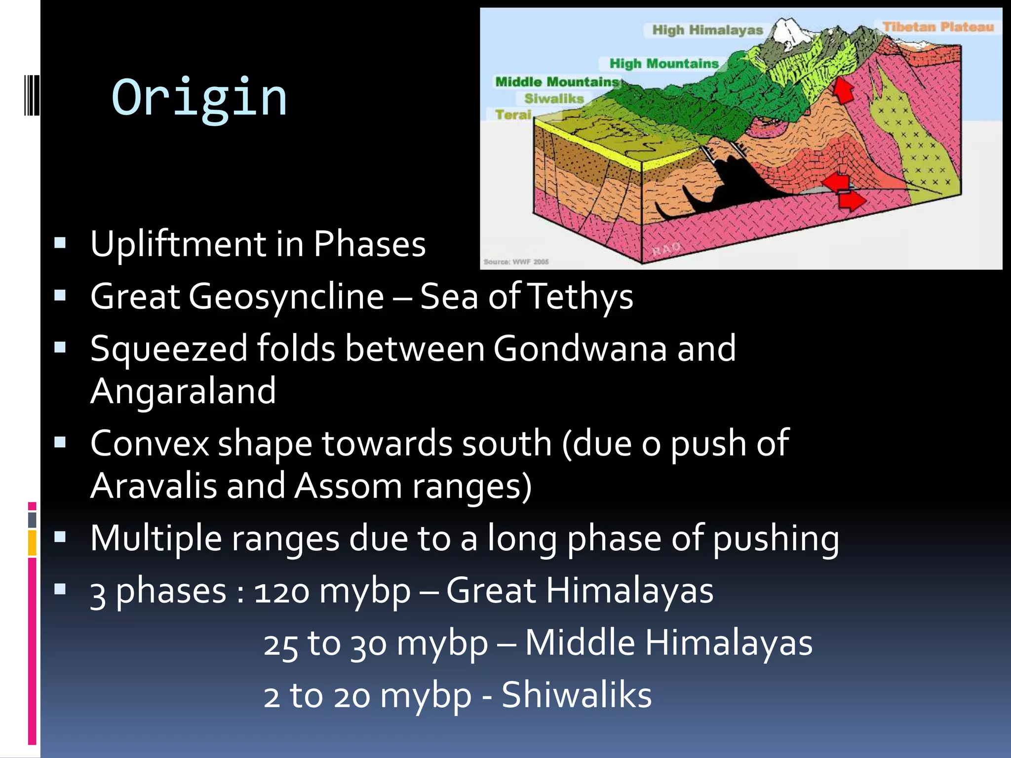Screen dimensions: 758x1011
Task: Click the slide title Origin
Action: (x=199, y=98)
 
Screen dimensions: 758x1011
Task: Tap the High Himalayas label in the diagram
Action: (x=707, y=30)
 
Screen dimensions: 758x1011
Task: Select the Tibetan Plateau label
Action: (x=937, y=27)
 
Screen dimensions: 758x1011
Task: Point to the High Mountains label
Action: (x=663, y=64)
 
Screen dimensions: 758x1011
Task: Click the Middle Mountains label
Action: (x=557, y=82)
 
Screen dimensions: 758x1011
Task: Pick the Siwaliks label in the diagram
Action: (x=554, y=99)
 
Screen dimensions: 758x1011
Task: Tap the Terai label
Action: (x=513, y=115)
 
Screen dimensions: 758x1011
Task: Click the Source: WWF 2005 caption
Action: (x=516, y=262)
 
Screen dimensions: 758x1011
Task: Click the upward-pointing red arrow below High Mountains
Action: (x=843, y=90)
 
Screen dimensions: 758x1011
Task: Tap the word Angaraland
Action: (x=183, y=391)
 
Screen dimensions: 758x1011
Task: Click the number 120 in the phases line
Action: (x=281, y=591)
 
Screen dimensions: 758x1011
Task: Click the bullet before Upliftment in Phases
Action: (x=60, y=243)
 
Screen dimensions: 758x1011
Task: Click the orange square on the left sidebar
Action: (x=32, y=542)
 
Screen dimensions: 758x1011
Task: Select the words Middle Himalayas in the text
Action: (x=668, y=643)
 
